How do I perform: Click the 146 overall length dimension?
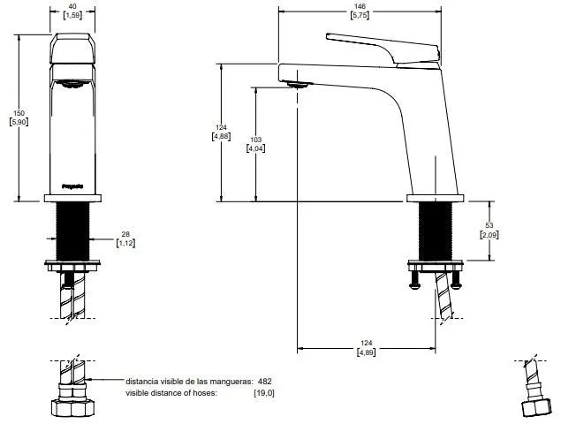[360, 5]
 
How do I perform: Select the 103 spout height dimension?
[257, 140]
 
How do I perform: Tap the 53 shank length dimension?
[489, 224]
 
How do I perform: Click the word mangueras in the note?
[231, 382]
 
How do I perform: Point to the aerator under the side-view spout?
[298, 85]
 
